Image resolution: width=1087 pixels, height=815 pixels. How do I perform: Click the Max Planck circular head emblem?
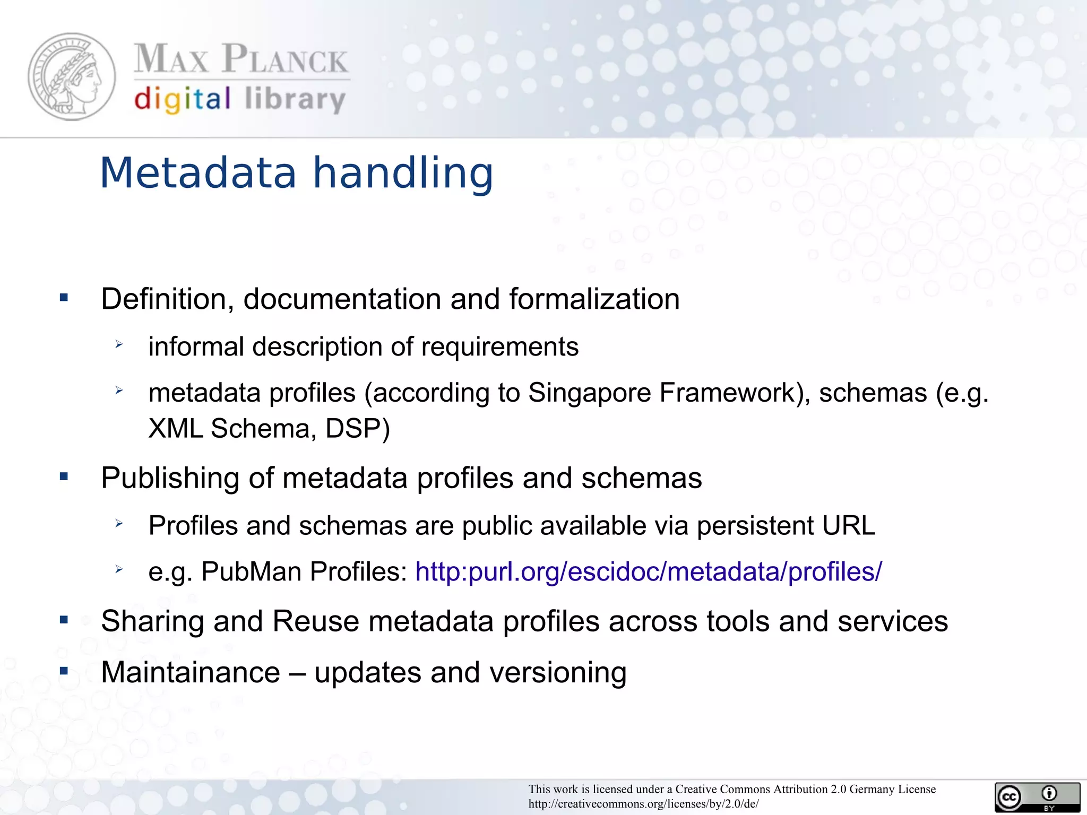pyautogui.click(x=72, y=77)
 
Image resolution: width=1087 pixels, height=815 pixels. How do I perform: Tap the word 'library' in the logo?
pyautogui.click(x=295, y=99)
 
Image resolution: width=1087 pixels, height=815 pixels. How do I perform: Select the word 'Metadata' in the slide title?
pyautogui.click(x=198, y=173)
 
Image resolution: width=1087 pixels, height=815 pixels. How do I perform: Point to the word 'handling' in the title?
pyautogui.click(x=403, y=173)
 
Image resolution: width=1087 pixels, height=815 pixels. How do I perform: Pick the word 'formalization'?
pyautogui.click(x=594, y=299)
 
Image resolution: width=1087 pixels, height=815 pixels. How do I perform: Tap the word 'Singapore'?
pyautogui.click(x=590, y=393)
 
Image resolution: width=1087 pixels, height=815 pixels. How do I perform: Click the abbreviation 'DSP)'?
pyautogui.click(x=357, y=429)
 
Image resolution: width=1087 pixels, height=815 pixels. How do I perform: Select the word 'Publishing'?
pyautogui.click(x=170, y=478)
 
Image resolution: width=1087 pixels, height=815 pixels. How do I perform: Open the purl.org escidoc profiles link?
pyautogui.click(x=648, y=572)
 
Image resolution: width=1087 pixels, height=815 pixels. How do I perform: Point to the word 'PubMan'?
pyautogui.click(x=251, y=572)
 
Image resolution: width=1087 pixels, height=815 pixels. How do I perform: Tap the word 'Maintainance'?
pyautogui.click(x=191, y=673)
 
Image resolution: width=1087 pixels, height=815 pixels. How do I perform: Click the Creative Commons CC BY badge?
pyautogui.click(x=1037, y=797)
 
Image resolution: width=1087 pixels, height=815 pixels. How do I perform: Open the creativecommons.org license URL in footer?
pyautogui.click(x=643, y=804)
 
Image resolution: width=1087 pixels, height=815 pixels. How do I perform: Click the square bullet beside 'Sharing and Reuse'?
pyautogui.click(x=64, y=620)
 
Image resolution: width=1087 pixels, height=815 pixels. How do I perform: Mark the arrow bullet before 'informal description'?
pyautogui.click(x=119, y=345)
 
